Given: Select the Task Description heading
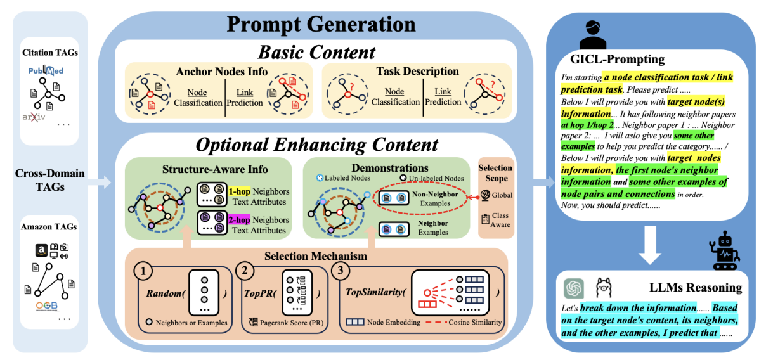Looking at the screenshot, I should click(x=417, y=72).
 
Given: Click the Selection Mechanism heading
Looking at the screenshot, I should click(x=315, y=257).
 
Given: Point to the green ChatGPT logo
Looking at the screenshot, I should click(x=574, y=288).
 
